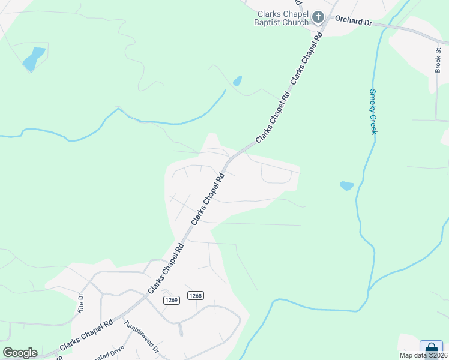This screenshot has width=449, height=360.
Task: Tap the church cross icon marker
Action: [x=318, y=18]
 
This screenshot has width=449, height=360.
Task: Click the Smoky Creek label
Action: [x=373, y=112]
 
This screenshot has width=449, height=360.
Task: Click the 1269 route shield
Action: [x=171, y=299]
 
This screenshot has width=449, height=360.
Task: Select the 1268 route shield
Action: [x=196, y=295]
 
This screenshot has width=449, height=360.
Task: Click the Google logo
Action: [x=20, y=352]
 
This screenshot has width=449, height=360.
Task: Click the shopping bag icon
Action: [x=430, y=349]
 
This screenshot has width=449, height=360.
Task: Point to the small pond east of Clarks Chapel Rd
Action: [x=347, y=185]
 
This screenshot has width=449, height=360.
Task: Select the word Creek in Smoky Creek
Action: [x=373, y=123]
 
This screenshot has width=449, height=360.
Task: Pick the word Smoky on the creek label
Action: [x=373, y=100]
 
